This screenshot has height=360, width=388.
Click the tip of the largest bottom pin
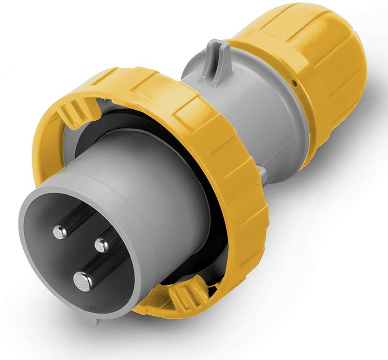(x=83, y=280)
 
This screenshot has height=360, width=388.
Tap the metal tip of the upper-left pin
(x=60, y=232)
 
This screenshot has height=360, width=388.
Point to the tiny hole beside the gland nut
(x=294, y=83)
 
